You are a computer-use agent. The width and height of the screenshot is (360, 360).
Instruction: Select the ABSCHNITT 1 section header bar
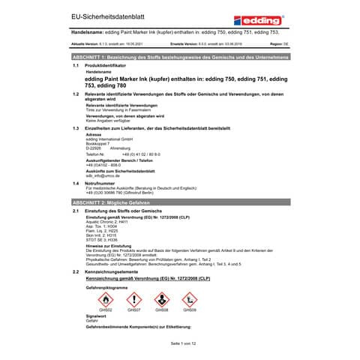(x=180, y=57)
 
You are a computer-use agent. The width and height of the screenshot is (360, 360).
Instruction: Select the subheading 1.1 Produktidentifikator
(x=109, y=66)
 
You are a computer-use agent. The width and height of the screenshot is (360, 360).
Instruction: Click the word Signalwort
(x=97, y=316)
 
